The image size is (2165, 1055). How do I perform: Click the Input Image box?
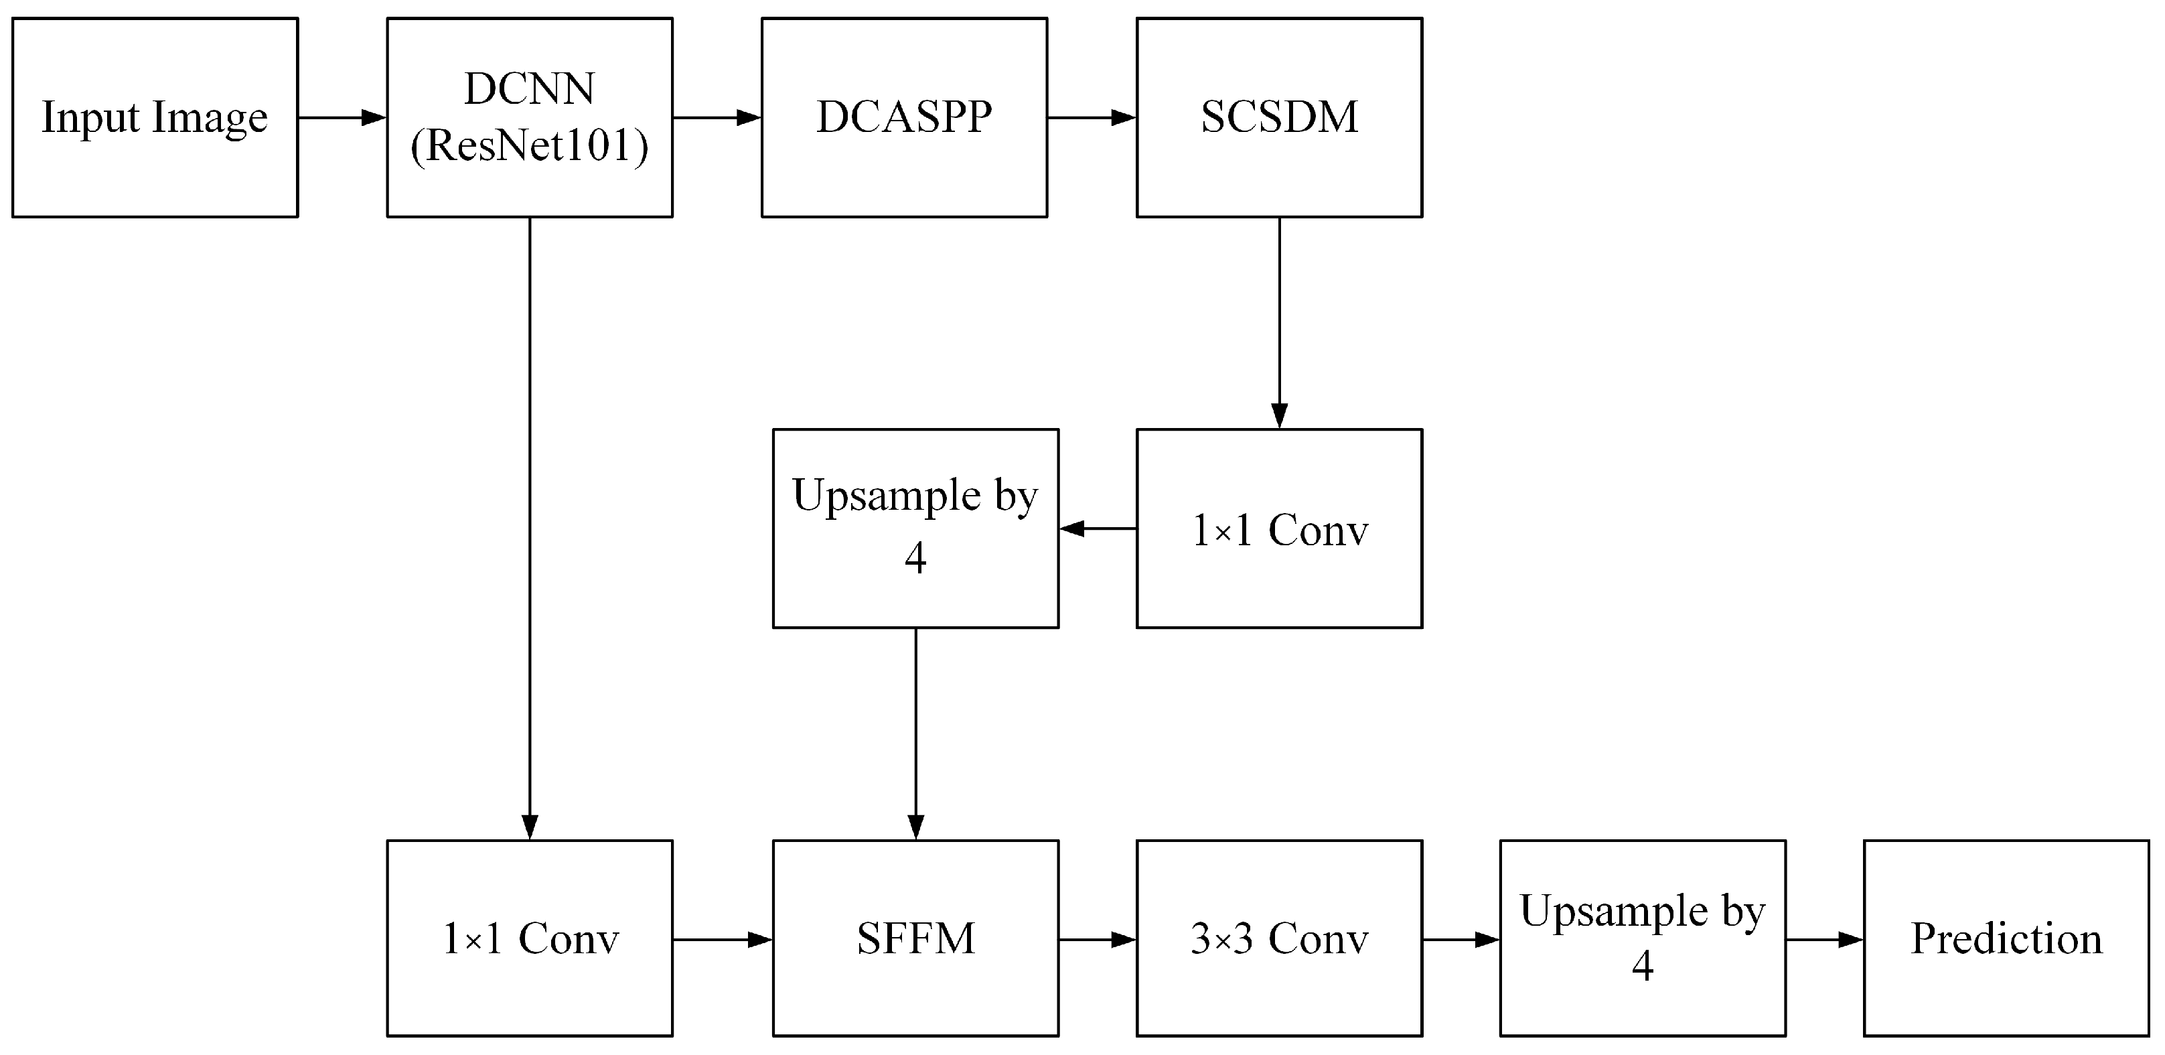(155, 118)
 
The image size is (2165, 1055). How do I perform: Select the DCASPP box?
(904, 118)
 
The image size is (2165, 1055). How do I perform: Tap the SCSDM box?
(1279, 118)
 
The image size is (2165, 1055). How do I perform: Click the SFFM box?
(915, 938)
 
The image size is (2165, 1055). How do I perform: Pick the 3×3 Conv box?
(1279, 938)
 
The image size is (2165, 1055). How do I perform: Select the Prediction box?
(2006, 938)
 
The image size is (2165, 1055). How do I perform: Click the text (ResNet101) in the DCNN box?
(530, 146)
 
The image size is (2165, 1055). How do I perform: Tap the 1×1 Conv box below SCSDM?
(1279, 529)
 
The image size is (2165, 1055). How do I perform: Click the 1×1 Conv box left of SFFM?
(530, 938)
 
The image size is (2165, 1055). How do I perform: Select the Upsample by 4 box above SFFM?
(915, 529)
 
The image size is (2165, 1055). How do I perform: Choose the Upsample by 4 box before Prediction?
(1642, 938)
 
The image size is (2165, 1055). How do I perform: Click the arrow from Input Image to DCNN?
(342, 118)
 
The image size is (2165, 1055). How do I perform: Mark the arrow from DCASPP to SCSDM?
(1092, 118)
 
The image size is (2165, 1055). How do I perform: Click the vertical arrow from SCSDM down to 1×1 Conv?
(1279, 324)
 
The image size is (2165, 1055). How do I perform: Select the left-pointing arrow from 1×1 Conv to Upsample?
(1098, 529)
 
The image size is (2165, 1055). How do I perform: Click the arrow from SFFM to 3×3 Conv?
(1098, 939)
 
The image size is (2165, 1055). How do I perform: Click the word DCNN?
(530, 89)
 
